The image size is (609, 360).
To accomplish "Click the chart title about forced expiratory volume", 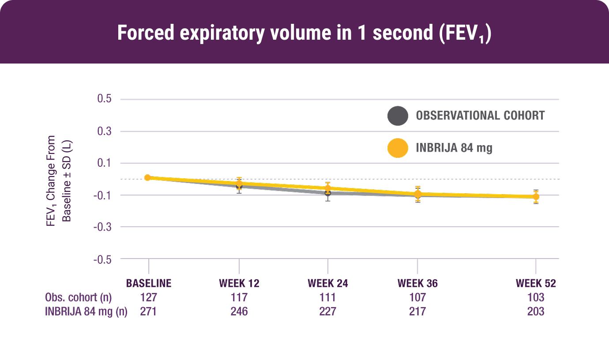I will (x=304, y=34).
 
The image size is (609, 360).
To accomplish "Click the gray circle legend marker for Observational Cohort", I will (x=397, y=116).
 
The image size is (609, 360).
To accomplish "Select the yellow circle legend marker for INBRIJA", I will (x=397, y=148).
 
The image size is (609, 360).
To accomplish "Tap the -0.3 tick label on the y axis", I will (x=102, y=227).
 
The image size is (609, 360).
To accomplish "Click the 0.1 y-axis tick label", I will (x=104, y=163).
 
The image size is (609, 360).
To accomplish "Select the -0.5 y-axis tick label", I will (x=102, y=259).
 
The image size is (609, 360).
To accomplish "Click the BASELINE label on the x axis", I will (x=149, y=283).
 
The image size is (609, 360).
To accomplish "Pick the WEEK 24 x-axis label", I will (x=328, y=283).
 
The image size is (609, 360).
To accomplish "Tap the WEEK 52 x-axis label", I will (x=536, y=283).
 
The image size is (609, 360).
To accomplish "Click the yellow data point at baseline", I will (x=147, y=177).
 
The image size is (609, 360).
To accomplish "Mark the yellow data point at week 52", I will (x=536, y=197).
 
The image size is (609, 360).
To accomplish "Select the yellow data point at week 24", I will (x=328, y=188).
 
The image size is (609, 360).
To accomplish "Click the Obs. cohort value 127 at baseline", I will (x=149, y=297).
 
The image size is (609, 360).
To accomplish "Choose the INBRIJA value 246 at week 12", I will (x=239, y=311).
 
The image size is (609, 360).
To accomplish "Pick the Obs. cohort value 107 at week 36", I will (x=417, y=297).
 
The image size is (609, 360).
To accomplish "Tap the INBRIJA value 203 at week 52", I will (x=536, y=311).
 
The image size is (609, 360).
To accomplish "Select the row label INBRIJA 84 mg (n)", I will (x=86, y=311).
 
